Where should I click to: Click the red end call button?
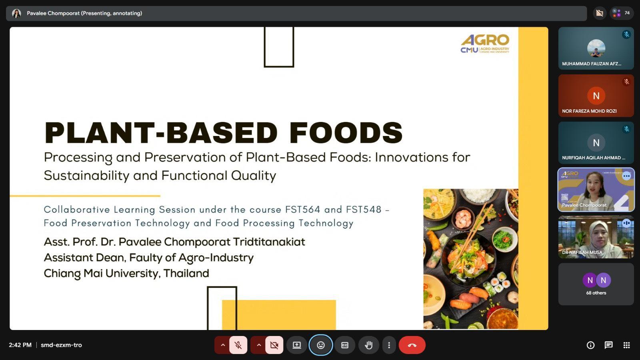(x=412, y=345)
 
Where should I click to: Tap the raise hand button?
(x=368, y=345)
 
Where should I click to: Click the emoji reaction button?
(x=320, y=345)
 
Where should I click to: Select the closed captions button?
(x=344, y=345)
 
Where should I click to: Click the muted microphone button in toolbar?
(x=238, y=345)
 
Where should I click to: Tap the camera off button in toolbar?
(x=274, y=345)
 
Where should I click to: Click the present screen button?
(x=296, y=345)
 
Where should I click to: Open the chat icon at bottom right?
(x=608, y=345)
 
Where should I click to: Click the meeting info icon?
(x=590, y=345)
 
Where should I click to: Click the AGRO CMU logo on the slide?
(x=485, y=44)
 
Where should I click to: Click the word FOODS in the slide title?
(x=346, y=132)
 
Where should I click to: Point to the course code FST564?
(x=302, y=210)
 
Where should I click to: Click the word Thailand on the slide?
(x=186, y=273)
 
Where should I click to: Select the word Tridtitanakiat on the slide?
(x=269, y=242)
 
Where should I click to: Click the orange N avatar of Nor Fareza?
(x=596, y=96)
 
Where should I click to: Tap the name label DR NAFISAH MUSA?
(x=582, y=252)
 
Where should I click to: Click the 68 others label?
(x=596, y=293)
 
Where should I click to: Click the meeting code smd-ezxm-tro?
(x=61, y=345)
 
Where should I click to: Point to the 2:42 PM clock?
(x=20, y=345)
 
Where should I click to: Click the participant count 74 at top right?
(x=627, y=13)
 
